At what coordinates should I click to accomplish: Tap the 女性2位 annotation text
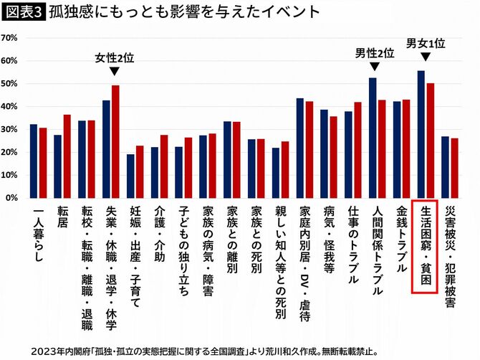pos(115,57)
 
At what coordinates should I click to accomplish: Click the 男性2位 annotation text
pos(375,52)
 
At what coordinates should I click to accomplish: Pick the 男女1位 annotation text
pos(426,43)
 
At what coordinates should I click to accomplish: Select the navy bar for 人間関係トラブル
pos(373,138)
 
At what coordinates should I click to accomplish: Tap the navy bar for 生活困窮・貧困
pos(421,134)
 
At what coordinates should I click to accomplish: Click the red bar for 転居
pos(67,156)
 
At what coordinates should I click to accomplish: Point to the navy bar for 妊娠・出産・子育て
pos(130,176)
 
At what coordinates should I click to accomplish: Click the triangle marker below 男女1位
pos(426,57)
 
